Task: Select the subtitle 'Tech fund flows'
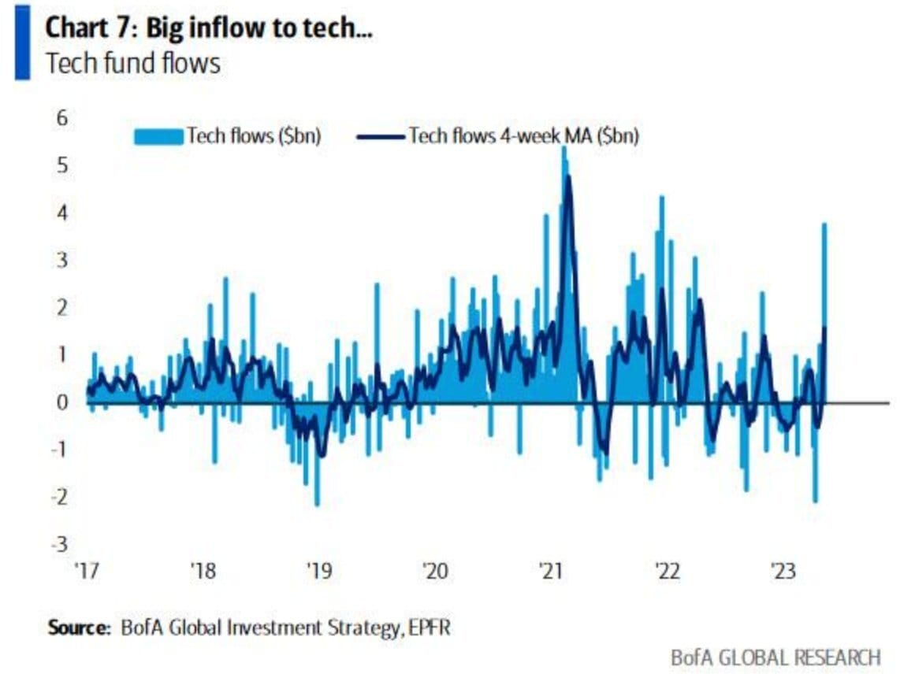133,63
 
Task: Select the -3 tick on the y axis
60,544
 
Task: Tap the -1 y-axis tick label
60,450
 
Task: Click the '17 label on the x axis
86,570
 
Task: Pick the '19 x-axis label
319,570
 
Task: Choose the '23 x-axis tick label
783,570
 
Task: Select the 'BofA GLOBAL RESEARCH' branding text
775,657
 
